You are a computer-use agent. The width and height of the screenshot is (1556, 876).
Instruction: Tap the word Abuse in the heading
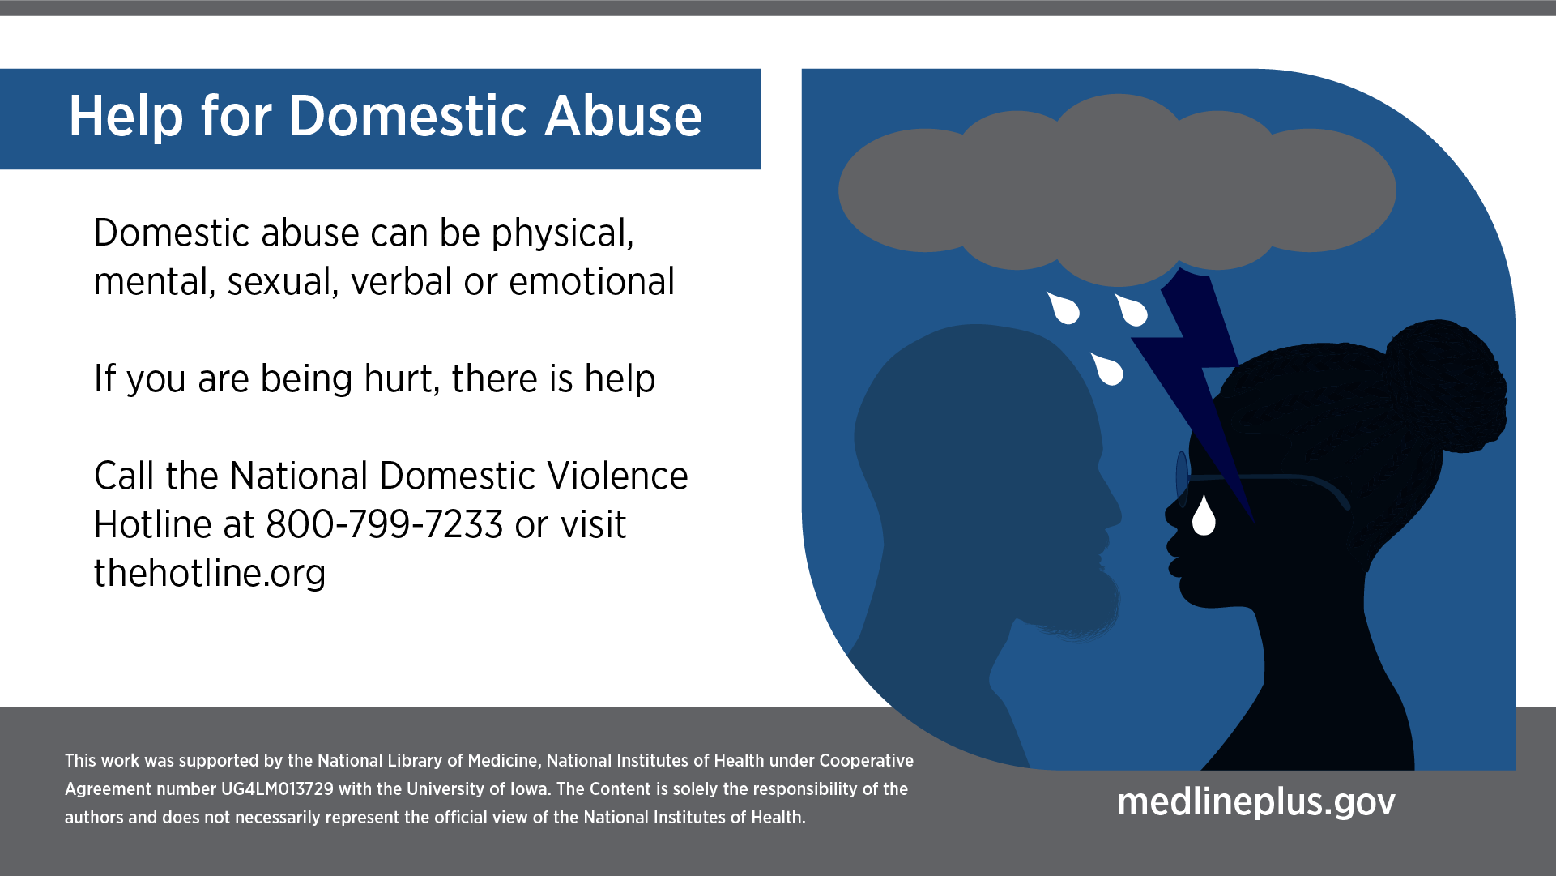pos(623,116)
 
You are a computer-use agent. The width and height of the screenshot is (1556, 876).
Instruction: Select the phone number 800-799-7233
pos(385,524)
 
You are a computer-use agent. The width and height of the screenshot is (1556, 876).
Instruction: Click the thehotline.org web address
pos(210,574)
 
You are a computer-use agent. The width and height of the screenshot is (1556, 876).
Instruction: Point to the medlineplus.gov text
pos(1256,801)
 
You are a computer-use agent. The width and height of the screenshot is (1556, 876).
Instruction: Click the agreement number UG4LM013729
pos(277,789)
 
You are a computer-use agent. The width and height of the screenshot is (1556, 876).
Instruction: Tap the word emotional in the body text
pos(592,281)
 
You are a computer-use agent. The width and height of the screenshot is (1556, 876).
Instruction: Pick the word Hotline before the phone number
pos(153,524)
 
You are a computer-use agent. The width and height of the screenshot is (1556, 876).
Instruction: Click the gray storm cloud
pos(1117,190)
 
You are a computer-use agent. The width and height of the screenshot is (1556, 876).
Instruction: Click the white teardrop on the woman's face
pos(1204,515)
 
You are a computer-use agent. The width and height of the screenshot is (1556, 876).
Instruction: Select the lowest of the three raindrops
pos(1108,369)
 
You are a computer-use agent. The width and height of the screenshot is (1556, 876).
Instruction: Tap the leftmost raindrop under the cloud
pos(1064,308)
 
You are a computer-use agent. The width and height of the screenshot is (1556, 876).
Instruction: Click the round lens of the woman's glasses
pos(1182,478)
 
